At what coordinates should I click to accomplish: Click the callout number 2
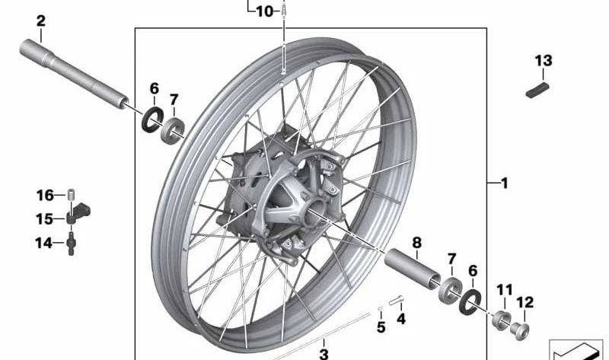[x=40, y=21]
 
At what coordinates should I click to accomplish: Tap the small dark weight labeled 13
[x=538, y=89]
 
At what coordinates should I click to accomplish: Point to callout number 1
[x=504, y=183]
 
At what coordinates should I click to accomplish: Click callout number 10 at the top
[x=263, y=11]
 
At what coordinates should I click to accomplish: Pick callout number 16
[x=45, y=195]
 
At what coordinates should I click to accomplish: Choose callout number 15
[x=45, y=219]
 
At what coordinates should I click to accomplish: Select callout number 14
[x=45, y=244]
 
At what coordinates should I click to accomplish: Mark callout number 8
[x=416, y=243]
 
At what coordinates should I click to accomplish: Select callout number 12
[x=525, y=303]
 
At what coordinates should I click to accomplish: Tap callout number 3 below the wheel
[x=323, y=353]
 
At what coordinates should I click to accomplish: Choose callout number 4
[x=400, y=320]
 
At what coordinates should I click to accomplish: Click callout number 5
[x=381, y=328]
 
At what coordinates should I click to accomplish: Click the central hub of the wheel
[x=285, y=199]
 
